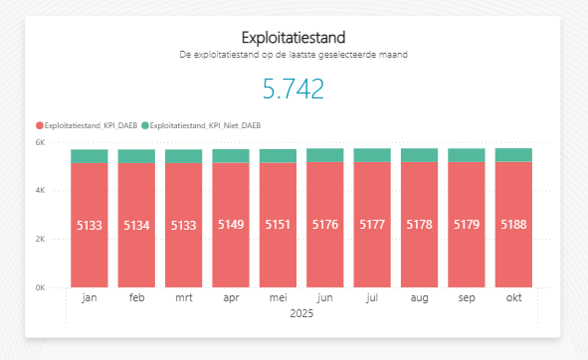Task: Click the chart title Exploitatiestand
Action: (294, 38)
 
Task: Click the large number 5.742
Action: (294, 90)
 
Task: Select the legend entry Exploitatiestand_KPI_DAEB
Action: (88, 125)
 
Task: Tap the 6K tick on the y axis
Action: (55, 143)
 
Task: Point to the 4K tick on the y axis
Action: (55, 191)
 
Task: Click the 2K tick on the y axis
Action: (55, 240)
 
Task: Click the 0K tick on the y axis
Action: (55, 287)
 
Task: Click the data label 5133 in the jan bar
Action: (89, 226)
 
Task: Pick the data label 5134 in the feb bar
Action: (136, 226)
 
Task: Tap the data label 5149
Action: (230, 226)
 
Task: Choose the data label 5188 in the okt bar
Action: (513, 226)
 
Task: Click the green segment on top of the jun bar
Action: (324, 155)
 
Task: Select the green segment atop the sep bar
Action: (466, 155)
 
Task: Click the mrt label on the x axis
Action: (183, 298)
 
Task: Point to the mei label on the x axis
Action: (278, 298)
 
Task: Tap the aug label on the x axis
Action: (419, 298)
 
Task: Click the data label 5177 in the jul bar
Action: (372, 226)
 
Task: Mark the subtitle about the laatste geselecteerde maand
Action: (294, 55)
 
